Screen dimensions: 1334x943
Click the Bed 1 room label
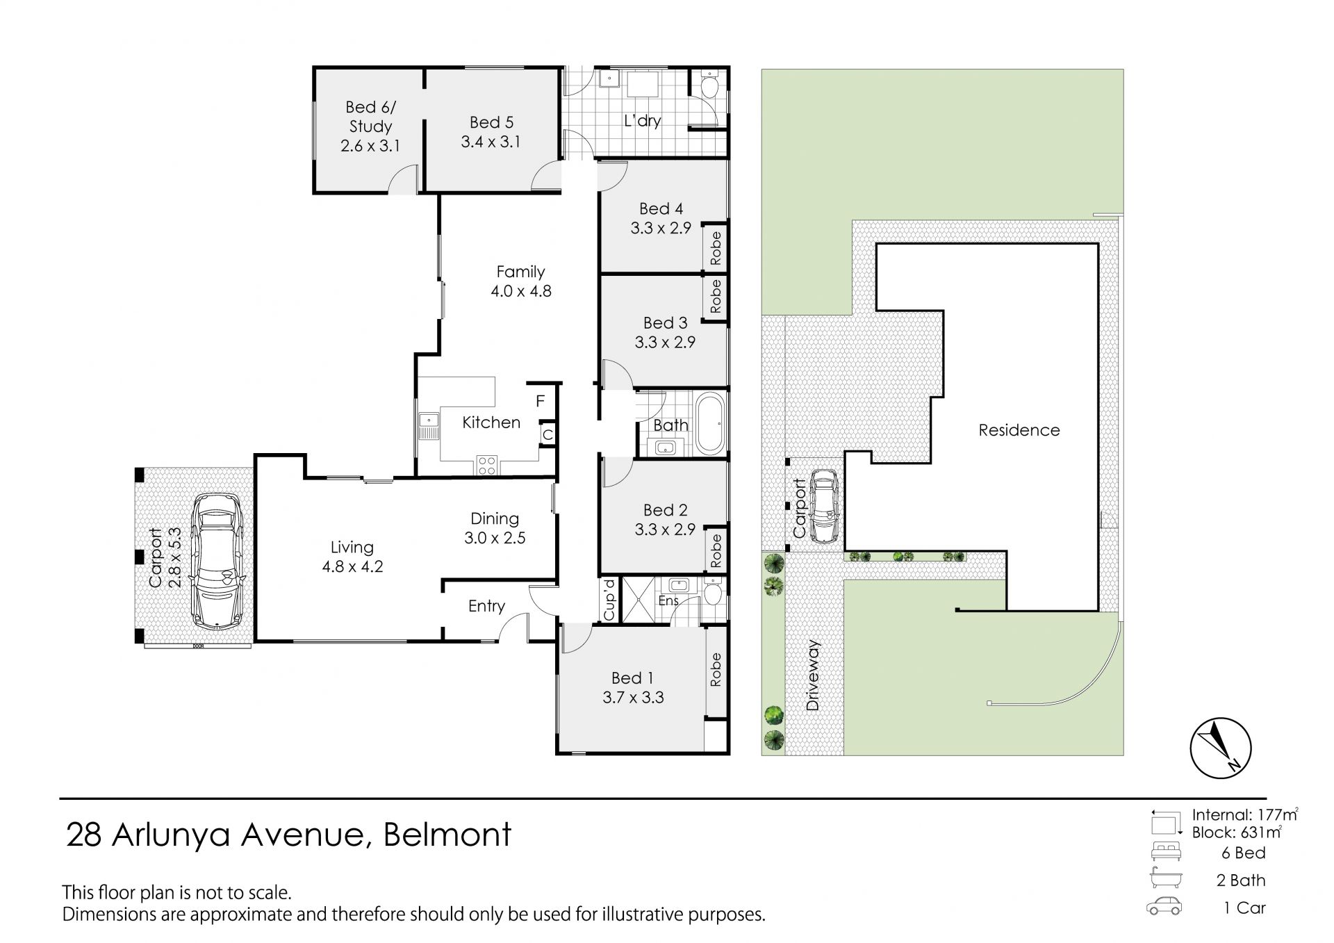(632, 678)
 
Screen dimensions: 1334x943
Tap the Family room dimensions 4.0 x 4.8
(521, 291)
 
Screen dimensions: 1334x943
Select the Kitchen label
(491, 423)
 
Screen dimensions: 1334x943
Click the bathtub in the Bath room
(710, 424)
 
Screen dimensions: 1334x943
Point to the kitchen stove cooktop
(486, 465)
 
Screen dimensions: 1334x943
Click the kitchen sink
(429, 426)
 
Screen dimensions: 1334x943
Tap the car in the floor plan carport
(216, 561)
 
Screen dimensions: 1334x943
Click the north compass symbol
(1220, 748)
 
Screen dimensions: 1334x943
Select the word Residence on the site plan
(1019, 430)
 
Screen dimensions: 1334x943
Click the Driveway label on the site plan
(813, 675)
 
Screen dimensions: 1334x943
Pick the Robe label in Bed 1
(716, 670)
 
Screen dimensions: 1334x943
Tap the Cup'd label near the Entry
(609, 599)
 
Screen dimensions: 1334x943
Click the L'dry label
(642, 121)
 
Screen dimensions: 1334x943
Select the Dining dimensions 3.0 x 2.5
(495, 538)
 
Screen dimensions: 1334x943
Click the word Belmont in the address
(447, 834)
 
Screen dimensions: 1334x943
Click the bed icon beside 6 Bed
(1166, 852)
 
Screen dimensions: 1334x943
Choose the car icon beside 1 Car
(1164, 907)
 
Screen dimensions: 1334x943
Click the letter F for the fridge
(540, 402)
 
